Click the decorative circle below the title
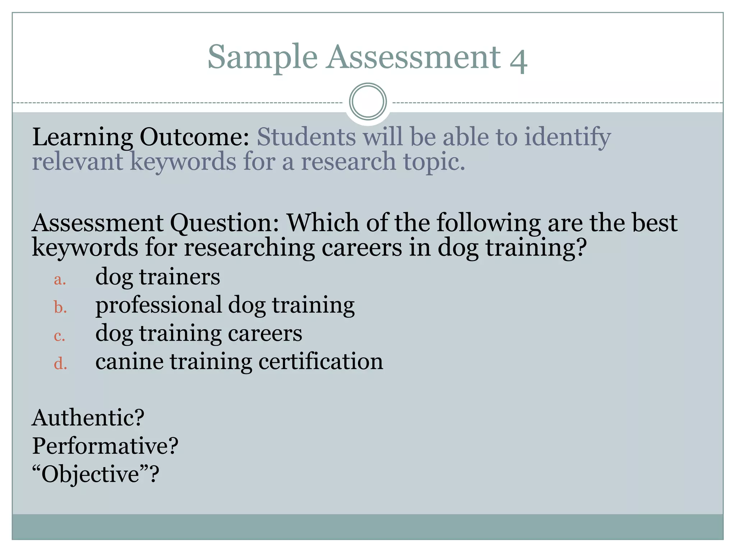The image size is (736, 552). point(368,102)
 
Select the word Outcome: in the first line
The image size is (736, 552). point(194,137)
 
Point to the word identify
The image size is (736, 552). point(567,138)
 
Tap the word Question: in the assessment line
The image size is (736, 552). point(224,223)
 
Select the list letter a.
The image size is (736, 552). point(60,280)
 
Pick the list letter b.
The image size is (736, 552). point(60,308)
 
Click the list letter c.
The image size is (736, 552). point(60,336)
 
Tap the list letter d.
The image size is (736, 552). point(60,364)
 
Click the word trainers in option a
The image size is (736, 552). point(179,277)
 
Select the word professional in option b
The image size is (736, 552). point(158,306)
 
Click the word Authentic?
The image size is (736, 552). point(88,418)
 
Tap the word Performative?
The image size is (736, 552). point(105,446)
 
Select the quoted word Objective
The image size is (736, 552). point(90,474)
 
